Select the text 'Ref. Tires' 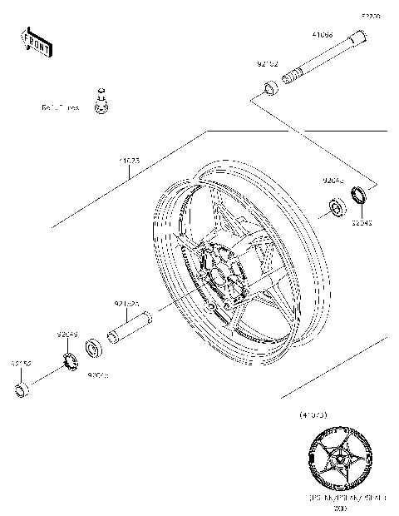(x=61, y=107)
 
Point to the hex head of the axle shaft (x=359, y=38)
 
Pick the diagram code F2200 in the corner (x=369, y=15)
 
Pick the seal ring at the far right (x=362, y=197)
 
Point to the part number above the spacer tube (x=126, y=304)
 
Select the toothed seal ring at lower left (x=69, y=359)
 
